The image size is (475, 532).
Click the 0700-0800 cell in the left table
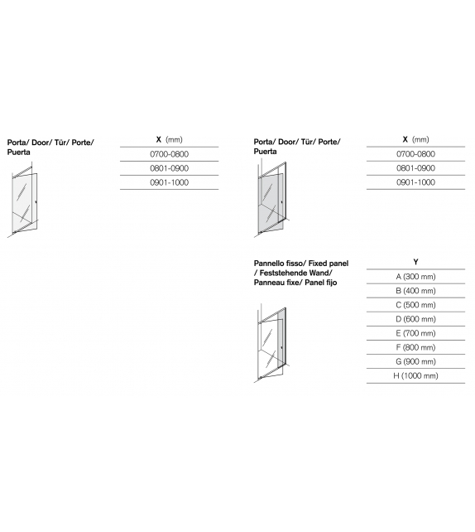(x=169, y=154)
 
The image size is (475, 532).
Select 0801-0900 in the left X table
(x=169, y=168)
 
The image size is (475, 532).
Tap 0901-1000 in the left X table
(x=169, y=182)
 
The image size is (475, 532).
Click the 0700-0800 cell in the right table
(x=415, y=154)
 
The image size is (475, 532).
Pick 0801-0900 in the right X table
(x=415, y=168)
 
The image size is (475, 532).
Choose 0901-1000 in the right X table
(x=415, y=182)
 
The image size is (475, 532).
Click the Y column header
(x=415, y=262)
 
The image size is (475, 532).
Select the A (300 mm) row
(x=415, y=277)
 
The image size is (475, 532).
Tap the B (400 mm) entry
(x=415, y=291)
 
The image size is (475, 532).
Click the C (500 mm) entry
(x=415, y=305)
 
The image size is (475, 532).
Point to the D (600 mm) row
(x=415, y=319)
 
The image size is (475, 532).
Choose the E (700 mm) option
(x=415, y=333)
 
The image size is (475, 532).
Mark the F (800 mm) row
(x=415, y=347)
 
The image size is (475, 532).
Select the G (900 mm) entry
(x=415, y=361)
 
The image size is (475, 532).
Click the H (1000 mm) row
(x=415, y=376)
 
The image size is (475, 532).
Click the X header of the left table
(x=159, y=139)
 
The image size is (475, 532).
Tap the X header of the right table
(x=405, y=139)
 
